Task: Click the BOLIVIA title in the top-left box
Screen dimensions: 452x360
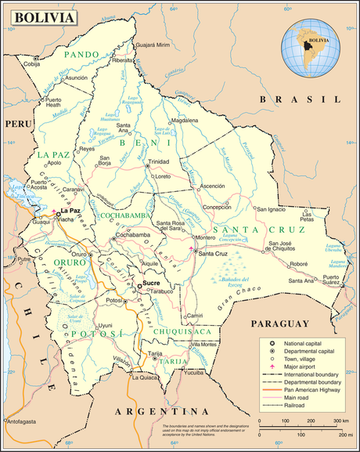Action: click(x=45, y=17)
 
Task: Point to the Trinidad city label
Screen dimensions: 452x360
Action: click(x=160, y=161)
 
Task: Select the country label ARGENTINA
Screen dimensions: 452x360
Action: click(x=163, y=411)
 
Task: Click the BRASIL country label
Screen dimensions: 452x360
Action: click(x=301, y=99)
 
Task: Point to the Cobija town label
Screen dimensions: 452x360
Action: click(x=31, y=64)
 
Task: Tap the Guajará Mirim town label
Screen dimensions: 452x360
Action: click(x=153, y=46)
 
